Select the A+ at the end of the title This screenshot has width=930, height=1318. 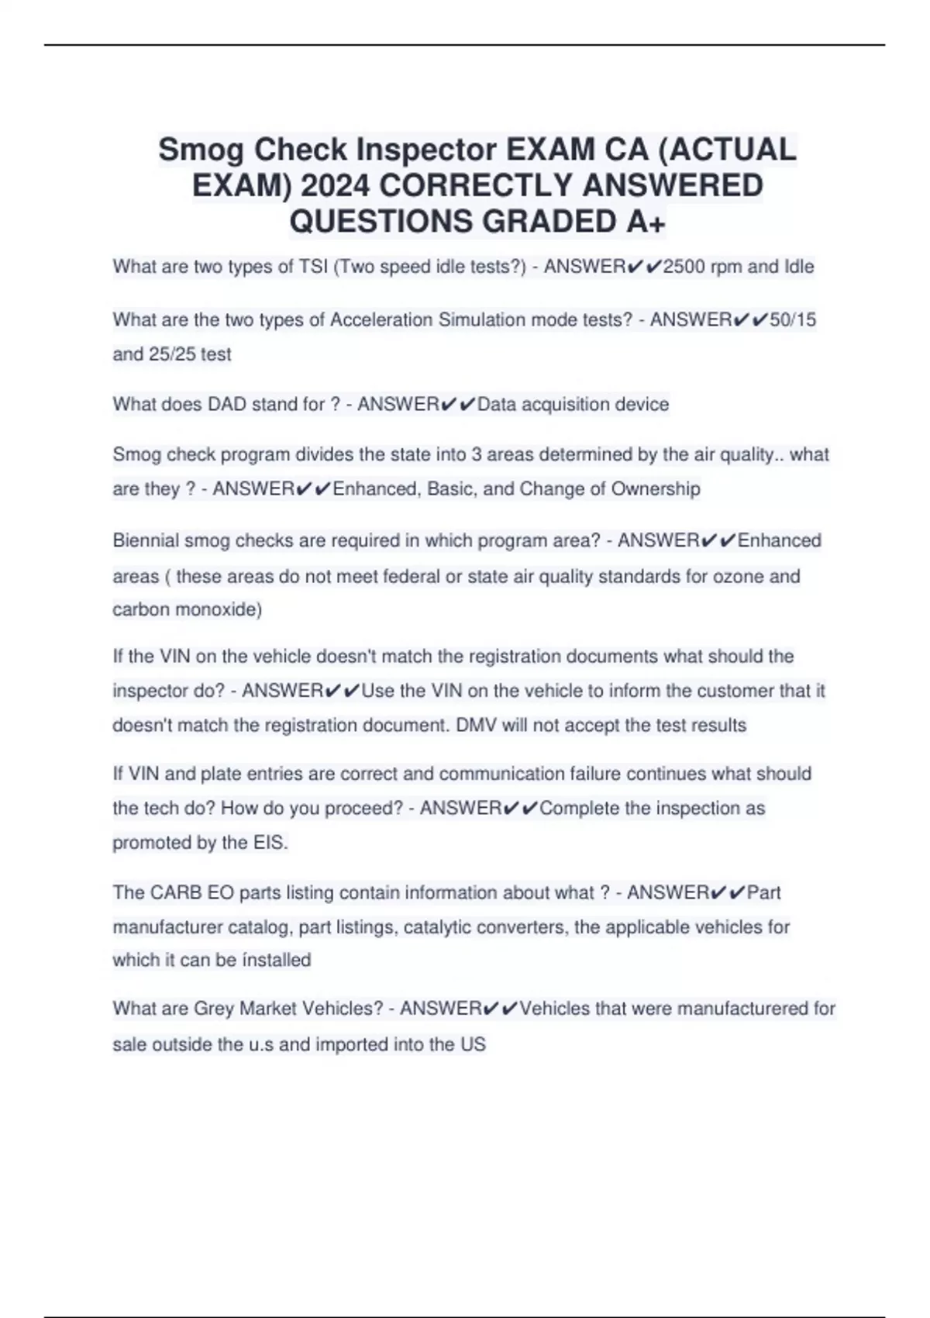(646, 222)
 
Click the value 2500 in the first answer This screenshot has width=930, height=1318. (684, 267)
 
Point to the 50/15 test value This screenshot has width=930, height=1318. (793, 319)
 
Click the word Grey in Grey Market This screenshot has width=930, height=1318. (213, 1009)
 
